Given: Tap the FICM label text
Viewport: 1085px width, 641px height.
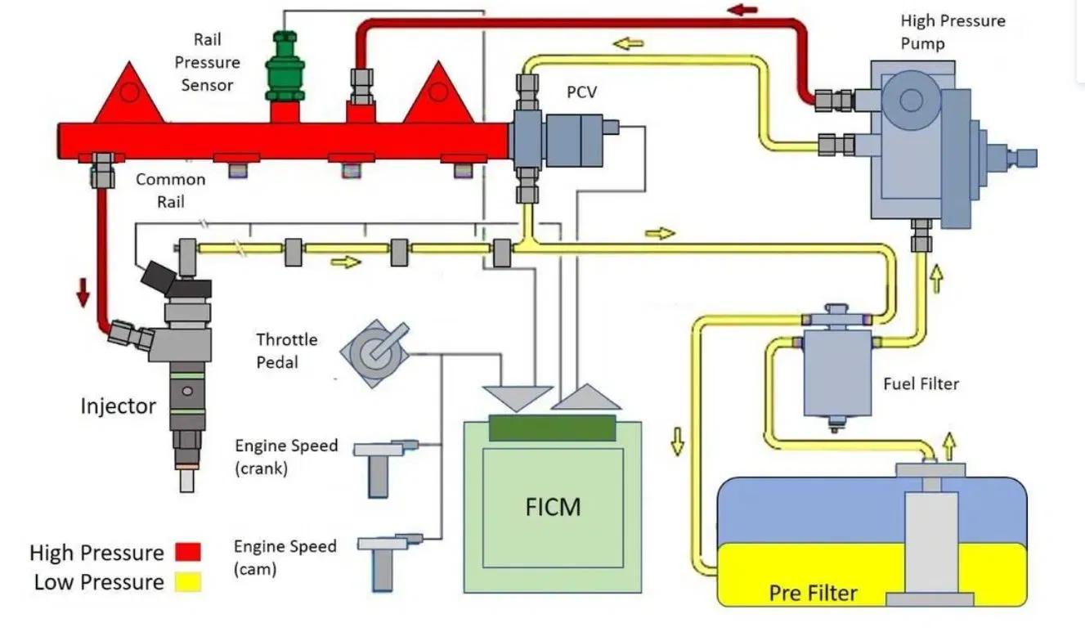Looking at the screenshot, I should point(553,506).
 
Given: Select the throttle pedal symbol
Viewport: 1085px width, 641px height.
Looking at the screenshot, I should point(371,352).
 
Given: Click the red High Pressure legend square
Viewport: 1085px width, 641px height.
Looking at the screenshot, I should point(187,553).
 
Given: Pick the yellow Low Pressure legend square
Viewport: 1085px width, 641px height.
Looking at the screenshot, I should point(187,582).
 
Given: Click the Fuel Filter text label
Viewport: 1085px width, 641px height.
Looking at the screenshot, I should point(921,383).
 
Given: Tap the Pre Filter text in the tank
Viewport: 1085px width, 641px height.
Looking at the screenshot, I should point(813,592).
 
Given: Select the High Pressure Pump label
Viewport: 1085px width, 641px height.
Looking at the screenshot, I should point(953,31).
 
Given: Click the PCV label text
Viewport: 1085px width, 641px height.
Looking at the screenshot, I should point(581,92).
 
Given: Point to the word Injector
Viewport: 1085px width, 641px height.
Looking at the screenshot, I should point(118,406).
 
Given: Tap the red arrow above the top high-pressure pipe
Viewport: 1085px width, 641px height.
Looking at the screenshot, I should point(743,11).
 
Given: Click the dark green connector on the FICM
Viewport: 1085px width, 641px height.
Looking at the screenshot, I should point(552,428).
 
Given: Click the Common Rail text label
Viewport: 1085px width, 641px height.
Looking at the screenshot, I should point(170,191).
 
